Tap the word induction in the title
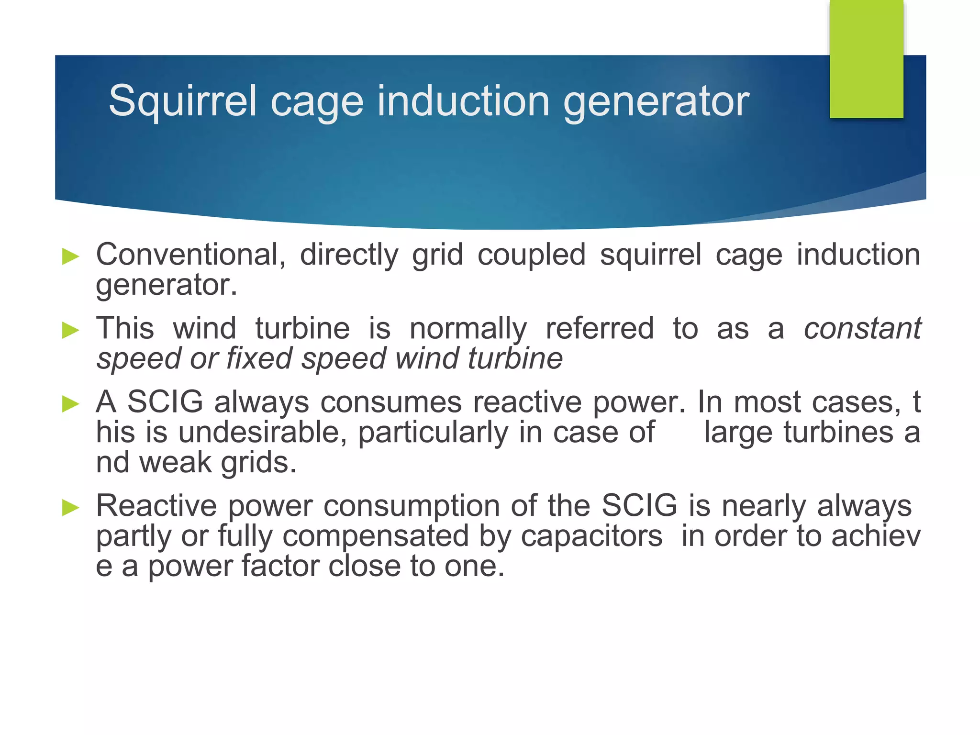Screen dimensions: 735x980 (x=463, y=101)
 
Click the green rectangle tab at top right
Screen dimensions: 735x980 (x=866, y=59)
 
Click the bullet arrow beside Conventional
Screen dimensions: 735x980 (x=71, y=256)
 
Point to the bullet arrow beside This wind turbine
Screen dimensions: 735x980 (x=71, y=330)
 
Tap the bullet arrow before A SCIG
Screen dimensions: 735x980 (x=71, y=404)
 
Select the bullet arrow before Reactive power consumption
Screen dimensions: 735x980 (x=71, y=508)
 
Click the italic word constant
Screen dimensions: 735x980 (x=862, y=329)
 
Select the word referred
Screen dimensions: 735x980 (x=599, y=329)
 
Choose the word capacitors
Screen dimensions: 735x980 (x=591, y=536)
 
